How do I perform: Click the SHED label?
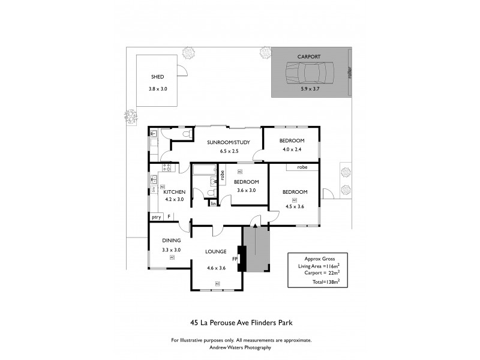point(157,77)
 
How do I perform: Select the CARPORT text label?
point(309,56)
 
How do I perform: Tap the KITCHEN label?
point(174,192)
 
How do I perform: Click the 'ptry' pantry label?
point(156,217)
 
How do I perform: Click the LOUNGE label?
point(215,251)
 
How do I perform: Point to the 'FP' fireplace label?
point(236,259)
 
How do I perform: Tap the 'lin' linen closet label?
point(213,204)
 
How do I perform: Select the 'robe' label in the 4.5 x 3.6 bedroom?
point(302,167)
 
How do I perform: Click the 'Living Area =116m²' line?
point(314,266)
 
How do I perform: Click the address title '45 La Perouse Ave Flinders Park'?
point(241,322)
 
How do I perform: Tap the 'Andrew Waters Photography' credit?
point(241,347)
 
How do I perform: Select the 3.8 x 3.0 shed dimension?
point(158,89)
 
